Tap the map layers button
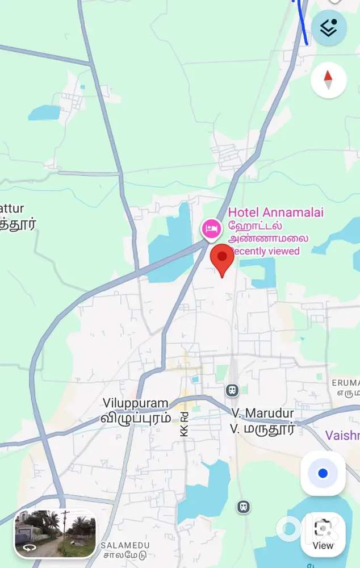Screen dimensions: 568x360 point(329,28)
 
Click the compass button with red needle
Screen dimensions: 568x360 point(328,80)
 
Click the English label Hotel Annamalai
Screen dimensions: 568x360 point(275,212)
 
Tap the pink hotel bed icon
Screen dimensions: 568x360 point(212,229)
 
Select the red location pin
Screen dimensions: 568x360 point(222,259)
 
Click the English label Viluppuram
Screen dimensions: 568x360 point(136,403)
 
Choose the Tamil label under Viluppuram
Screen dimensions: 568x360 point(136,417)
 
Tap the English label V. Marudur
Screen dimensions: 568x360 point(262,413)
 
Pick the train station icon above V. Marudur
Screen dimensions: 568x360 point(232,390)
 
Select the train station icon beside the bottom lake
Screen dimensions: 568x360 point(244,506)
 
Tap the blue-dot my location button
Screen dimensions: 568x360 point(323,473)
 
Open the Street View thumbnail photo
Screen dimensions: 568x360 point(56,533)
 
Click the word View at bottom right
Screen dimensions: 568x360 point(323,545)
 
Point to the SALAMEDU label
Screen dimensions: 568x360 point(123,545)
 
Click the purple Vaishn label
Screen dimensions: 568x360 point(342,436)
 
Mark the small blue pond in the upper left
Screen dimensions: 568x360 point(44,112)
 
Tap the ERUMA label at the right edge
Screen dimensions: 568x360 point(345,383)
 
